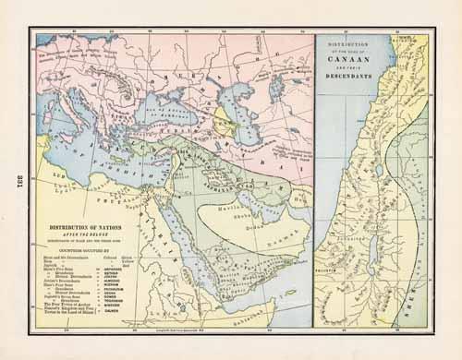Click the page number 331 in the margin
[14, 180]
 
